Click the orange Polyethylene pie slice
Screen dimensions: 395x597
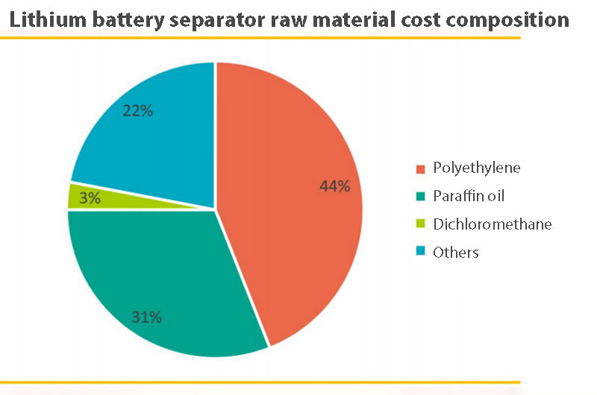298,224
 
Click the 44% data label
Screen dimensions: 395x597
334,186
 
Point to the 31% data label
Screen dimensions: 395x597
146,317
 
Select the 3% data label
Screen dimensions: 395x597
90,198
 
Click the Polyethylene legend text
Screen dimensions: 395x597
476,168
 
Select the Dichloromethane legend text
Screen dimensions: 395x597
492,224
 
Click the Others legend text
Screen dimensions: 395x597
455,252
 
